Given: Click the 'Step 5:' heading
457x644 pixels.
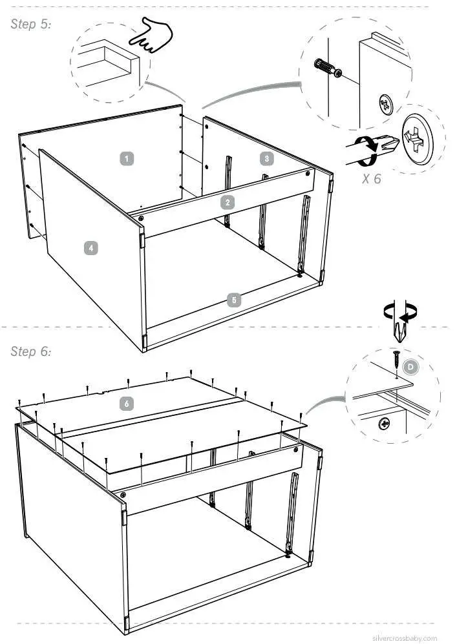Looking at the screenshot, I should (31, 25).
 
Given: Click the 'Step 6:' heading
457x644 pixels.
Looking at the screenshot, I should (31, 352).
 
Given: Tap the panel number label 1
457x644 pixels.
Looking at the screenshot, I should (128, 158).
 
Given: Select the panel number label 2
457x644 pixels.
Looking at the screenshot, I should (227, 202).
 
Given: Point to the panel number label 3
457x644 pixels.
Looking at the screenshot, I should (266, 158).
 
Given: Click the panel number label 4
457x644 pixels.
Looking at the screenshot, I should (92, 247).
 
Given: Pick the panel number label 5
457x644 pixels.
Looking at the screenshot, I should (235, 300).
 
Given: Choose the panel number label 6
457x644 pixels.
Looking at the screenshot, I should (127, 403).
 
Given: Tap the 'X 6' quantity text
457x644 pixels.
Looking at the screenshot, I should (371, 179).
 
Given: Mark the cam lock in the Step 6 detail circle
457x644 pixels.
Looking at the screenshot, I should (384, 424).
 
